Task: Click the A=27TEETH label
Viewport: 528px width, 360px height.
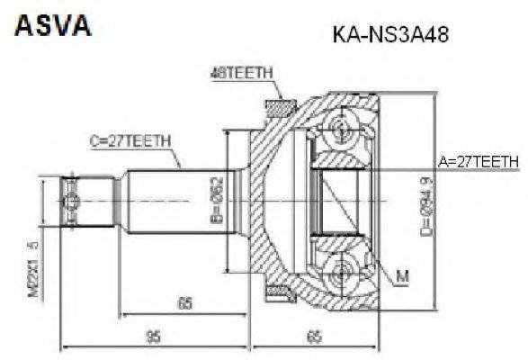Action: pos(478,162)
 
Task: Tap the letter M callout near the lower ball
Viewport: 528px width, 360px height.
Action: pos(401,275)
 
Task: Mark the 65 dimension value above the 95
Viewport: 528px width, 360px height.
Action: pos(184,304)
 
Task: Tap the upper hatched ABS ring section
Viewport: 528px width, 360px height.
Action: pos(278,108)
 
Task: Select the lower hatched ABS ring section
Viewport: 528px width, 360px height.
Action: pos(278,290)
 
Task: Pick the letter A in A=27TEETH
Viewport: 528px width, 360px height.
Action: pos(443,162)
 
